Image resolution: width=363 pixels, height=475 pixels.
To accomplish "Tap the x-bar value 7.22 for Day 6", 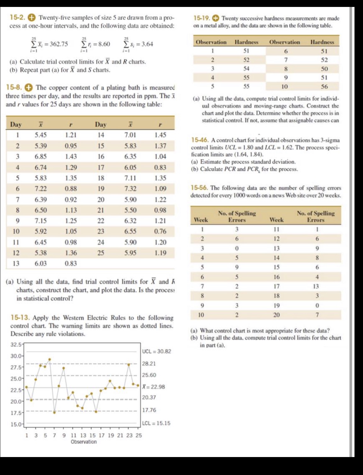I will pyautogui.click(x=41, y=189).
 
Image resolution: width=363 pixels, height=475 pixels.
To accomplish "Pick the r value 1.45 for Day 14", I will pyautogui.click(x=160, y=135).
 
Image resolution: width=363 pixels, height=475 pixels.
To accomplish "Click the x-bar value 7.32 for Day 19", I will pyautogui.click(x=130, y=189).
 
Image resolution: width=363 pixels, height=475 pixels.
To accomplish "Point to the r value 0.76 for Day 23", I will pyautogui.click(x=160, y=231).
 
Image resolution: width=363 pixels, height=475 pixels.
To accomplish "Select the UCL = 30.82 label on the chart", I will pyautogui.click(x=157, y=351).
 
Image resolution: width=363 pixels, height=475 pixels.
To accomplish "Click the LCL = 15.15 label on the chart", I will pyautogui.click(x=156, y=423).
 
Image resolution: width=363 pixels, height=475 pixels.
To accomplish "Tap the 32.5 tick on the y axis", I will pyautogui.click(x=16, y=345).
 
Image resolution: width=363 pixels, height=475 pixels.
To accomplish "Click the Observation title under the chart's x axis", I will pyautogui.click(x=84, y=442).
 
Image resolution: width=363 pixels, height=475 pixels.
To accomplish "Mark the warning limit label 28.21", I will pyautogui.click(x=149, y=363).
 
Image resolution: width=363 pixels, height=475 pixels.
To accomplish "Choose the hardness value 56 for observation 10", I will pyautogui.click(x=324, y=86).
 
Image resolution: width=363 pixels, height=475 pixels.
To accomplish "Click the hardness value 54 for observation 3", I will pyautogui.click(x=246, y=69).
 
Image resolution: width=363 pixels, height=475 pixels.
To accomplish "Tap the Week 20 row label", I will pyautogui.click(x=276, y=315).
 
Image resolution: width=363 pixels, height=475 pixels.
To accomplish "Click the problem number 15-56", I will pyautogui.click(x=199, y=188).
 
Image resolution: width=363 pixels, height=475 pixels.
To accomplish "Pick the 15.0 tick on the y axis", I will pyautogui.click(x=16, y=424).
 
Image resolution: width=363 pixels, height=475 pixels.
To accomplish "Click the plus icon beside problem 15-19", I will pyautogui.click(x=216, y=18).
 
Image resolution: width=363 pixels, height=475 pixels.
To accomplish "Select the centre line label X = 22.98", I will pyautogui.click(x=153, y=387).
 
